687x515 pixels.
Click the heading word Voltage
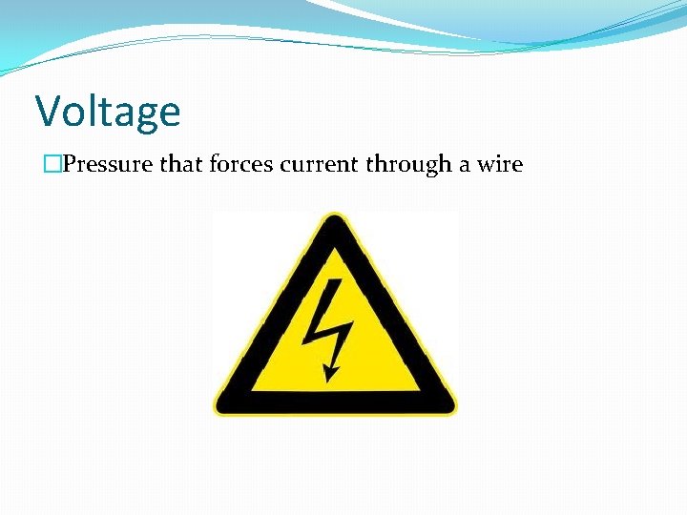[x=108, y=112]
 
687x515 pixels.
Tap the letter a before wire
[x=464, y=165]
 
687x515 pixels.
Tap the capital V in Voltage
[x=49, y=112]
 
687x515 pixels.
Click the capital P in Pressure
[x=70, y=164]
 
